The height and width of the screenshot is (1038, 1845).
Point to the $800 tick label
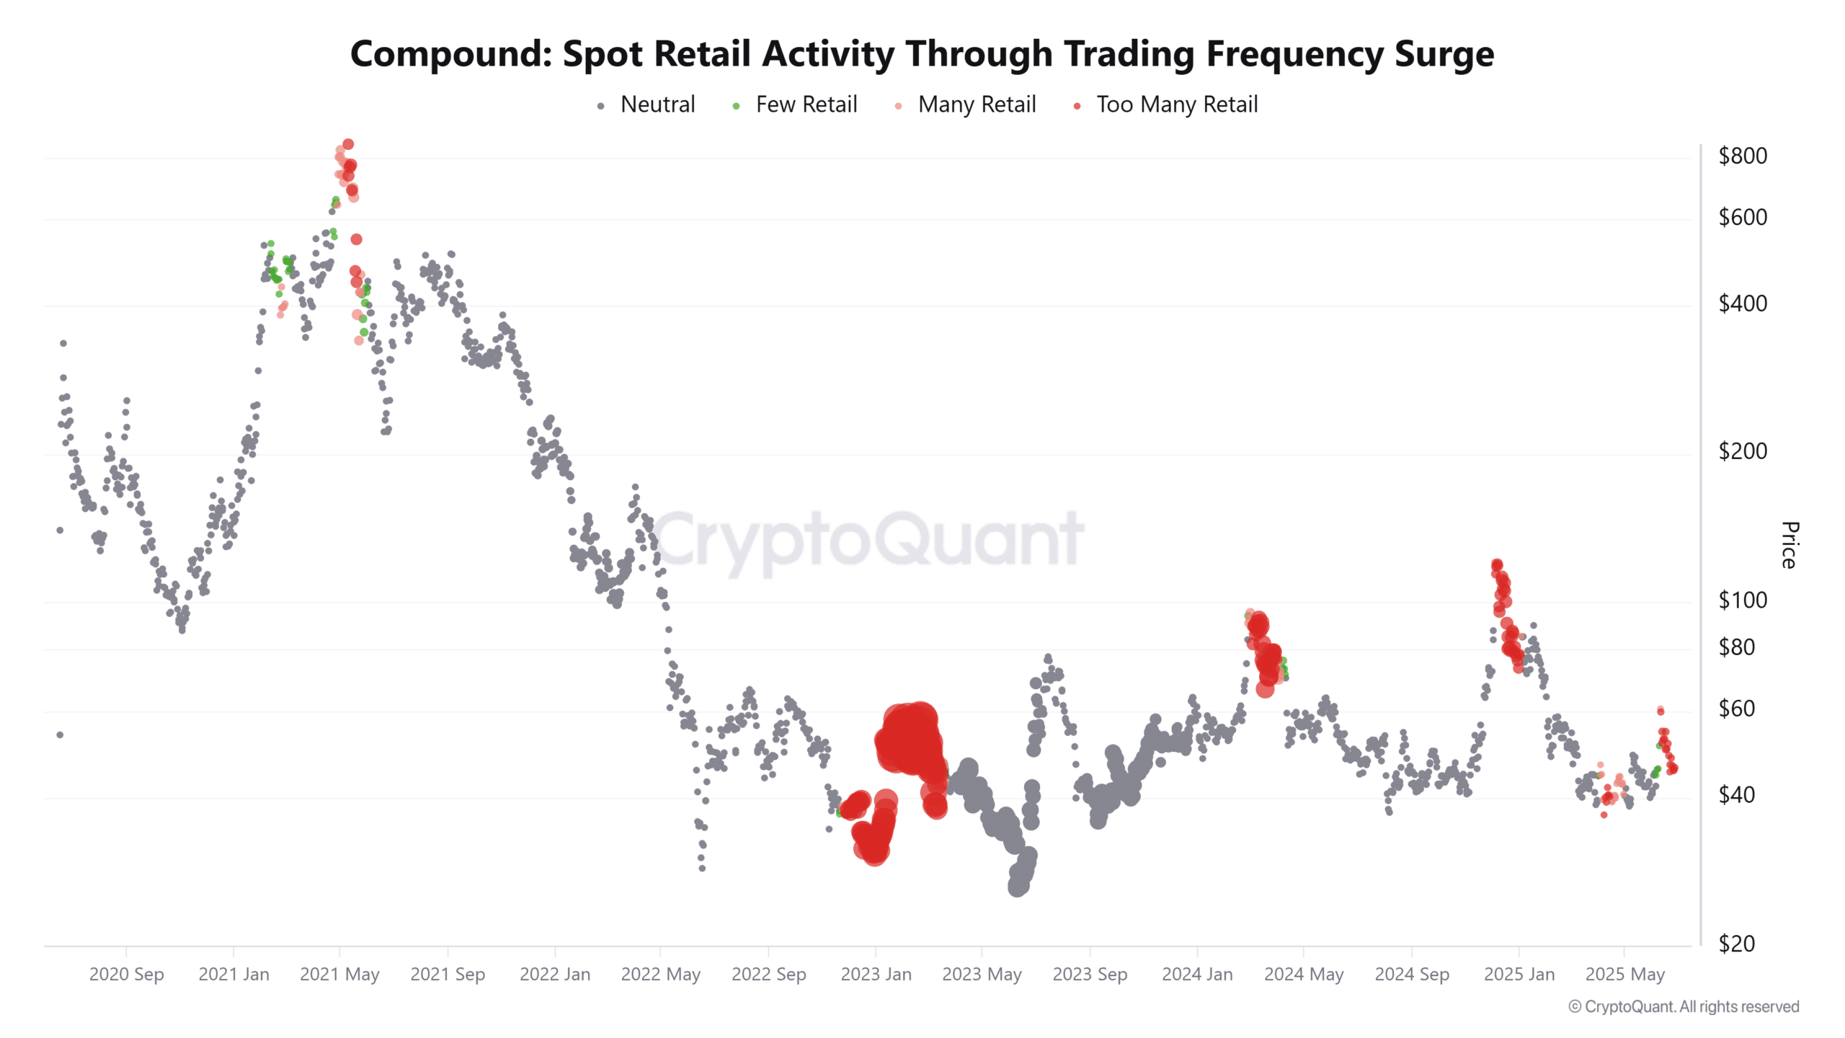1742,156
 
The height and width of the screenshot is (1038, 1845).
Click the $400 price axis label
1742,303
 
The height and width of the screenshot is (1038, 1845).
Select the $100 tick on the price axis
1742,600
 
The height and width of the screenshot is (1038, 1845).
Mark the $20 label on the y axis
1736,944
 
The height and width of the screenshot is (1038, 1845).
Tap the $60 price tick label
1736,709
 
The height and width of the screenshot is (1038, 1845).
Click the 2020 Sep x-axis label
126,975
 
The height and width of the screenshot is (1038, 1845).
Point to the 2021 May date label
339,975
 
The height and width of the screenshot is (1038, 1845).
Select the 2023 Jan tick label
876,975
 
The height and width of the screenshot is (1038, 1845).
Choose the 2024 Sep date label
1411,975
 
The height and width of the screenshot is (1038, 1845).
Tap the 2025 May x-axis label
1624,975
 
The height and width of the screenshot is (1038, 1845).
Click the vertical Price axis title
1790,545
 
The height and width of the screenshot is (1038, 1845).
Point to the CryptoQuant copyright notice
1684,1006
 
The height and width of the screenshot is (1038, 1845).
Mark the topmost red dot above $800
348,144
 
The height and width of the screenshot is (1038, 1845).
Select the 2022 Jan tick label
554,975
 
